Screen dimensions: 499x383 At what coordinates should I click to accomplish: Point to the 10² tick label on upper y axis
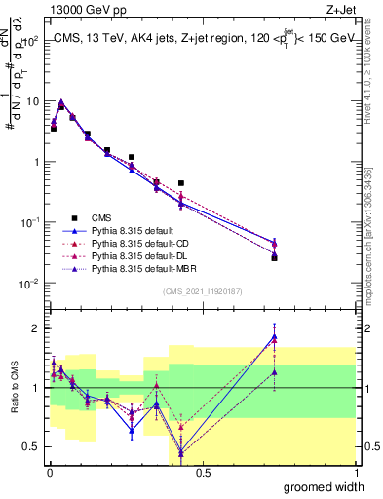point(31,41)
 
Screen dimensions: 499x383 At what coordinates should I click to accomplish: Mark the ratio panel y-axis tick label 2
point(36,327)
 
